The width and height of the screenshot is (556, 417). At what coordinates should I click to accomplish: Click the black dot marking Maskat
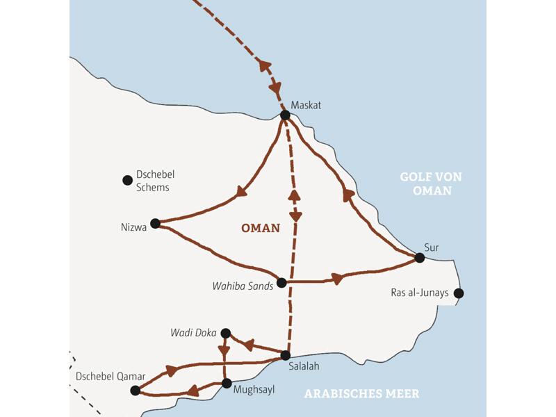pyautogui.click(x=285, y=115)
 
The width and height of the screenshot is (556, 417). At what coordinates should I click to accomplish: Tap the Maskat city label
pyautogui.click(x=307, y=105)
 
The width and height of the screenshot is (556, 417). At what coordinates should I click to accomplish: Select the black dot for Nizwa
pyautogui.click(x=155, y=223)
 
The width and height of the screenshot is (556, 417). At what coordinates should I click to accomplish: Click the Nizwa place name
pyautogui.click(x=133, y=227)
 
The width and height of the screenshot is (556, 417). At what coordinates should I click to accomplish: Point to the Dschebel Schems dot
pyautogui.click(x=127, y=180)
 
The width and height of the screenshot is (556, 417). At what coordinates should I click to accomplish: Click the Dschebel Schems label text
pyautogui.click(x=153, y=181)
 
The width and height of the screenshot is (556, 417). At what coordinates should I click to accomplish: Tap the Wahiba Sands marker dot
pyautogui.click(x=281, y=283)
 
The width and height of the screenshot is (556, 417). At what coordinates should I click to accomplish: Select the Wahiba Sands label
pyautogui.click(x=243, y=286)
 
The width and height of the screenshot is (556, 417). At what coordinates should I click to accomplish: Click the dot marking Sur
pyautogui.click(x=419, y=258)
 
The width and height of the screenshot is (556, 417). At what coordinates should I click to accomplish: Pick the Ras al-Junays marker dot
pyautogui.click(x=458, y=293)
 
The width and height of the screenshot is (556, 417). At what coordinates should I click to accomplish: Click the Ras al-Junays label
pyautogui.click(x=420, y=293)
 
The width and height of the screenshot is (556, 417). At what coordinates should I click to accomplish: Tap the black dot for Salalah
pyautogui.click(x=285, y=355)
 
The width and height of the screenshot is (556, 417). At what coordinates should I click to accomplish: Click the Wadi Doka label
pyautogui.click(x=194, y=332)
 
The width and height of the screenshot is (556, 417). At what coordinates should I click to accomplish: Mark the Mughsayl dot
pyautogui.click(x=226, y=383)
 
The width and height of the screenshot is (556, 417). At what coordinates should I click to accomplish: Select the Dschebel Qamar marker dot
pyautogui.click(x=135, y=391)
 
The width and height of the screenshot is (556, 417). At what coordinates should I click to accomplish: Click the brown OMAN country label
pyautogui.click(x=261, y=228)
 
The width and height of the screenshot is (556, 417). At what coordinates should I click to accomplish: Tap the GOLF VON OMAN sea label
pyautogui.click(x=432, y=183)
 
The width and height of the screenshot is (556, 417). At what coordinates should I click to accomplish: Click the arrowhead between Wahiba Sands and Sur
pyautogui.click(x=336, y=279)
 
